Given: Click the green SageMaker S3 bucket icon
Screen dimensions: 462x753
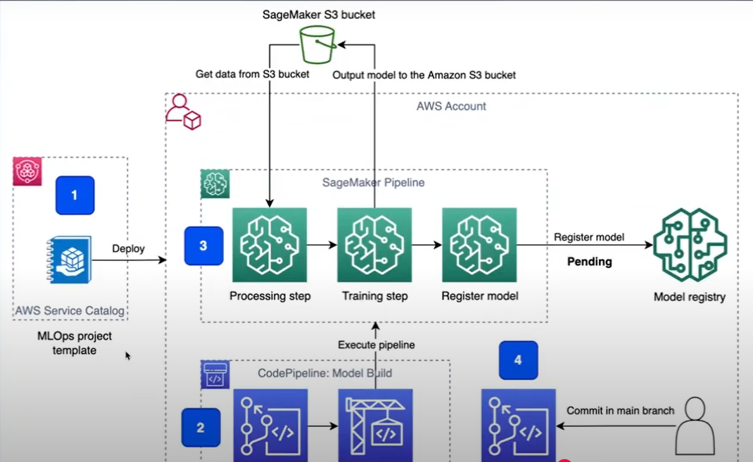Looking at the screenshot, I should (317, 46).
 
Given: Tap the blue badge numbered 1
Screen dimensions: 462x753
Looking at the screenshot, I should (74, 195).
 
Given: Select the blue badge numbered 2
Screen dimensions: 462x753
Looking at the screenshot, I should (200, 427).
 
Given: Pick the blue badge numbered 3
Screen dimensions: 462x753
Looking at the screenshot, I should (203, 246).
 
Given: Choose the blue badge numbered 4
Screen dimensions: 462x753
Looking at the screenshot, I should (518, 360).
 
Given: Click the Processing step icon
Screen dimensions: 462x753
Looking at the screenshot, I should (270, 245).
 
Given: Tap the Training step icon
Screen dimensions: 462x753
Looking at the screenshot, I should (374, 245).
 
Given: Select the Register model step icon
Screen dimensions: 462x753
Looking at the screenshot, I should (479, 245).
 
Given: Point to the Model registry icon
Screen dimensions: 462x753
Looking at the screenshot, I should (690, 245).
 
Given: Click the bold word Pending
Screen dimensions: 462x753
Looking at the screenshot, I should (589, 262).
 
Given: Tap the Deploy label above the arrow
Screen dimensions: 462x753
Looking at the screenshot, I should (128, 248).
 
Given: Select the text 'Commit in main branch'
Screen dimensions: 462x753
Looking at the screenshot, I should (620, 411).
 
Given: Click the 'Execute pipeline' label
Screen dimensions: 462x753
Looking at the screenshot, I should (376, 345).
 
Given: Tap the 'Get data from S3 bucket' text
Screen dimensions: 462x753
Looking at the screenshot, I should (252, 74).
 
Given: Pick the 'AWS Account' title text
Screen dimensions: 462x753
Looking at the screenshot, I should (451, 106).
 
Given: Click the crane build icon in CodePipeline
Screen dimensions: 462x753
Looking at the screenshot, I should (375, 426).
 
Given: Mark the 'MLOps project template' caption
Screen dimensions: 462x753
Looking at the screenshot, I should (74, 343).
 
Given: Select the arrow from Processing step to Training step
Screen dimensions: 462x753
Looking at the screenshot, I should (322, 245).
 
